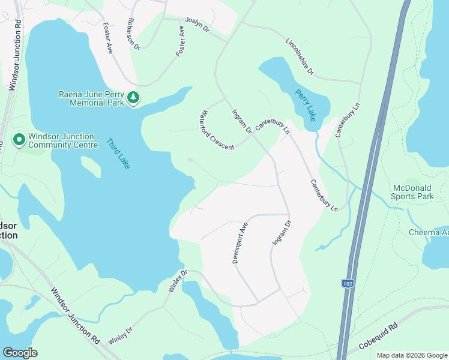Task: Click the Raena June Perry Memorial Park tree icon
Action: click(x=133, y=98)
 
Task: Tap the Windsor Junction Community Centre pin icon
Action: click(x=19, y=140)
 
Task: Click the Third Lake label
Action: click(x=118, y=154)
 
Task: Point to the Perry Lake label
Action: click(x=306, y=106)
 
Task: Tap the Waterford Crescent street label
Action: click(x=217, y=130)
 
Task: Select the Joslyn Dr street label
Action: click(x=197, y=25)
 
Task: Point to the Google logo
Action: click(x=20, y=353)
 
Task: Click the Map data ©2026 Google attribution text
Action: click(x=411, y=355)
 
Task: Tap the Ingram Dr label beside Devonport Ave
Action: click(x=282, y=233)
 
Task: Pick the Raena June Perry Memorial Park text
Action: click(x=91, y=98)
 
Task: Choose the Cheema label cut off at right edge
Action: click(x=429, y=232)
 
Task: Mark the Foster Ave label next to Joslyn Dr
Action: click(x=181, y=41)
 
